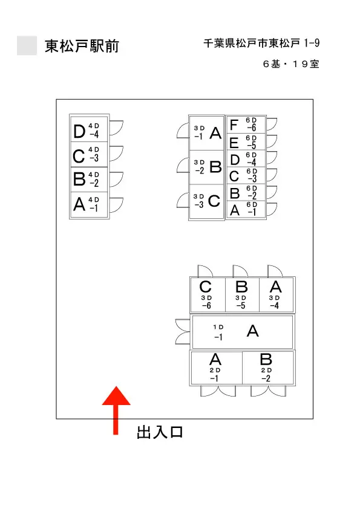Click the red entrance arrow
tap(116, 410)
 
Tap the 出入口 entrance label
tap(160, 432)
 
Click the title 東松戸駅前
tap(82, 46)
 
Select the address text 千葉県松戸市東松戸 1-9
tap(261, 43)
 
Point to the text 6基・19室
tap(291, 63)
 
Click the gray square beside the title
tap(27, 45)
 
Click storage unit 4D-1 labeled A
tap(89, 204)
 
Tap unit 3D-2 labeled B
tap(207, 167)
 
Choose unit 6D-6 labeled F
tap(246, 125)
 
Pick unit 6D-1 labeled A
tap(246, 209)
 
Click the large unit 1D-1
tap(243, 332)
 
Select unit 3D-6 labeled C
tap(208, 295)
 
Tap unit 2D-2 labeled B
tap(267, 368)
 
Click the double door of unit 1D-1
tap(183, 332)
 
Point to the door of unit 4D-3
tap(116, 154)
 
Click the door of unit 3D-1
tap(183, 131)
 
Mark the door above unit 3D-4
tap(275, 271)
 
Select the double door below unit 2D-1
tap(218, 391)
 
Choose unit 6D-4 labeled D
tap(246, 158)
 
